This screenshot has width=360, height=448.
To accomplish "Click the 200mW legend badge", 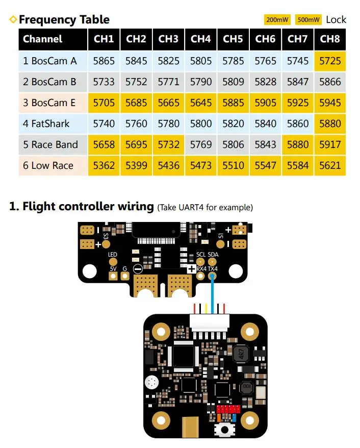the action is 277,20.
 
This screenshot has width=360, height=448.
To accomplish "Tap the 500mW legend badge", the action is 308,20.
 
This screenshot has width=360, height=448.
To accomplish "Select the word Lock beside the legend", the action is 336,20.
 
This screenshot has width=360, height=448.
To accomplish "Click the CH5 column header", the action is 233,39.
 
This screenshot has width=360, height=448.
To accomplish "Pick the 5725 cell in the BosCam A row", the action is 330,61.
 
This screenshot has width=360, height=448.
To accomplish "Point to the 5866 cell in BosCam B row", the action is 330,82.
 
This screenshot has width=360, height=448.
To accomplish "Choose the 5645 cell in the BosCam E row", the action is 201,103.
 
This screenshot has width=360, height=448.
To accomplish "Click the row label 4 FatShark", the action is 46,123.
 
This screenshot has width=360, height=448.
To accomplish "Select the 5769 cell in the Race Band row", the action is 201,144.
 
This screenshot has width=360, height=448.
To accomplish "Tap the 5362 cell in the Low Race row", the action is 104,165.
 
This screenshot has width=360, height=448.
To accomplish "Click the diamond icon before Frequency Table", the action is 13,19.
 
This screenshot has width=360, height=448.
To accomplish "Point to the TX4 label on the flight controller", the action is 213,269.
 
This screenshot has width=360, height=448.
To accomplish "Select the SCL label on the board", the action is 201,255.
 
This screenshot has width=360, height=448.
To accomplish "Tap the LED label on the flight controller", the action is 113,255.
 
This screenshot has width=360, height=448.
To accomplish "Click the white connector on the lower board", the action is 210,323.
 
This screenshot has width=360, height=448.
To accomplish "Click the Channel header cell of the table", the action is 53,39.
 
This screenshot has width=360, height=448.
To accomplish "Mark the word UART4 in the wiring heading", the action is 191,208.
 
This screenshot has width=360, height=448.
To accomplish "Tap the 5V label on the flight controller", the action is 113,269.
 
